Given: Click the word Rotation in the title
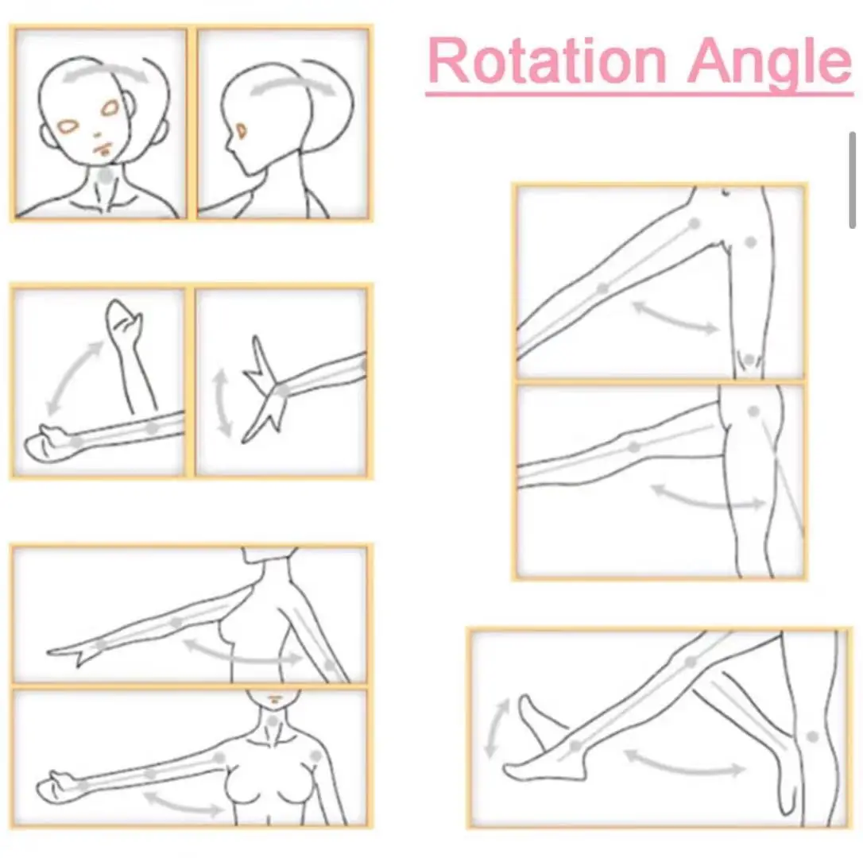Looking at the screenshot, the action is (x=547, y=61).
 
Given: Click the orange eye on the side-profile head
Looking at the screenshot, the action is (x=241, y=131).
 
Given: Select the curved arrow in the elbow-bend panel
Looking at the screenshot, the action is (x=73, y=375).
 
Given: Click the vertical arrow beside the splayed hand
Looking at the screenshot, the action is (x=222, y=403).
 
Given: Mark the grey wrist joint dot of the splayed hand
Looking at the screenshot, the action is (x=282, y=391).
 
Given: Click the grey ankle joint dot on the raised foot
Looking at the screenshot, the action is (x=575, y=746).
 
